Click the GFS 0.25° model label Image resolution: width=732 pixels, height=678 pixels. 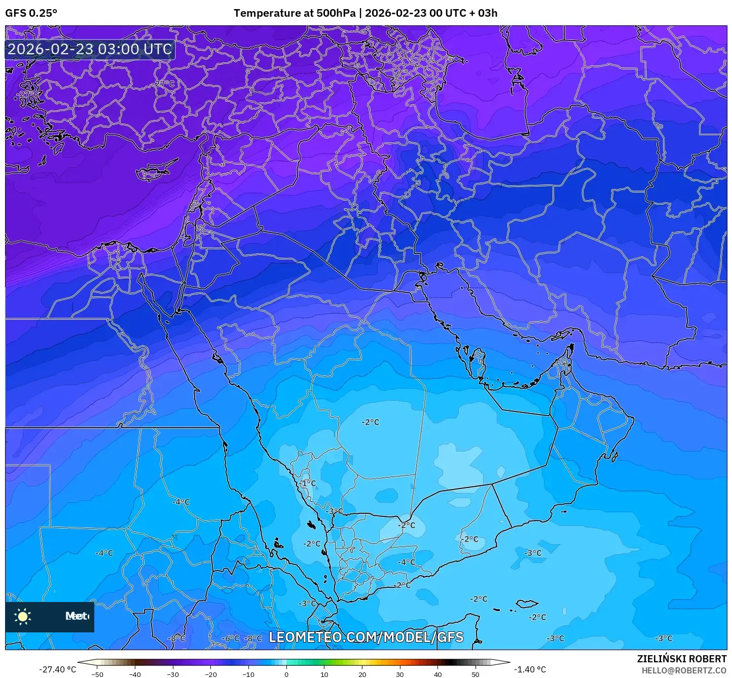point(31,13)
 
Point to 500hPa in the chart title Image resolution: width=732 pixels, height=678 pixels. point(336,13)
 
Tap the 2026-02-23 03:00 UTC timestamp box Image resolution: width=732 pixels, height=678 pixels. point(90,49)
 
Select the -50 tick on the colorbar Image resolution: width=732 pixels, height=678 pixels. point(97,674)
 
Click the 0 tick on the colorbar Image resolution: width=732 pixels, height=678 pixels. point(286,674)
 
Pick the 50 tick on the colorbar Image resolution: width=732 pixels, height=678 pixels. point(475,674)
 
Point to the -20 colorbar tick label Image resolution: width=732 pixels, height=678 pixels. point(210,674)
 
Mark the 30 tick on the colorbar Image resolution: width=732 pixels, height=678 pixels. point(399,674)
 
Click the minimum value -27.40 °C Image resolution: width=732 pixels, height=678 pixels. point(57,669)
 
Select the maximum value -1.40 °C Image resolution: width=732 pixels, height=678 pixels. point(530,669)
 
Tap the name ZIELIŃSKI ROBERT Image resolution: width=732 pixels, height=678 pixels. point(681,659)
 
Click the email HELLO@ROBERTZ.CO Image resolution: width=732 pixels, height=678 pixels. point(684,670)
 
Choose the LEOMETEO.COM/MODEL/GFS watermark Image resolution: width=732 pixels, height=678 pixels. point(366,637)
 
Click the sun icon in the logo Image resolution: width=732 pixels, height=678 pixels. point(23,616)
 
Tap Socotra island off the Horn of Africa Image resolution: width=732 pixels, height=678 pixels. point(527,604)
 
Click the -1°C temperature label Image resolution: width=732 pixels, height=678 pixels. point(308,483)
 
